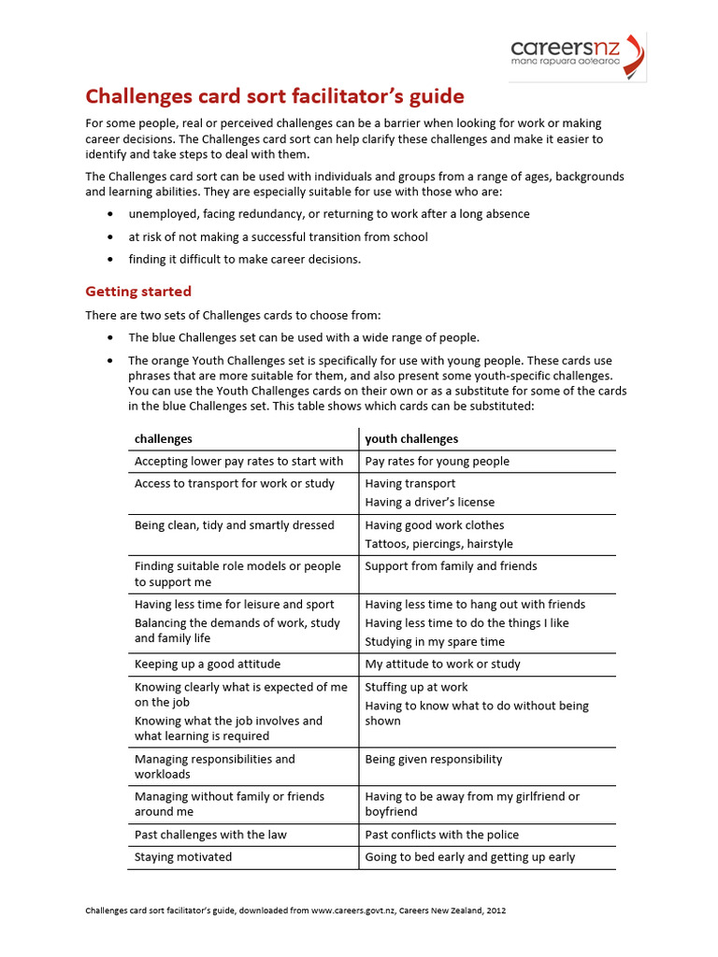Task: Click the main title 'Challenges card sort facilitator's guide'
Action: pyautogui.click(x=275, y=96)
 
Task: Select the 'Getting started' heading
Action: pyautogui.click(x=138, y=291)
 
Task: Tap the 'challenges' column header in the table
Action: pyautogui.click(x=164, y=438)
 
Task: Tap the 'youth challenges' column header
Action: pyautogui.click(x=411, y=438)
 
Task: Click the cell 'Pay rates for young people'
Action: pyautogui.click(x=437, y=461)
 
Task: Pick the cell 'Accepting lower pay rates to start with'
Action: pyautogui.click(x=239, y=461)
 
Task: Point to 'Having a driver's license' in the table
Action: pyautogui.click(x=430, y=502)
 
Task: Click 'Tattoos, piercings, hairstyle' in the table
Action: pyautogui.click(x=438, y=544)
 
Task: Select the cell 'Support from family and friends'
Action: pyautogui.click(x=451, y=566)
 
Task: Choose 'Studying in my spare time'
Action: pyautogui.click(x=435, y=642)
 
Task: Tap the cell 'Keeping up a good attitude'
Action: pyautogui.click(x=208, y=664)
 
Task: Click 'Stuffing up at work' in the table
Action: pyautogui.click(x=417, y=687)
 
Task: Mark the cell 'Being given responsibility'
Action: pyautogui.click(x=434, y=759)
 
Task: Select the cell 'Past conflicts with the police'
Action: pyautogui.click(x=441, y=835)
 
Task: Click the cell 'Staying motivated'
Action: pyautogui.click(x=183, y=857)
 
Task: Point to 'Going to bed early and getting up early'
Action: pyautogui.click(x=470, y=857)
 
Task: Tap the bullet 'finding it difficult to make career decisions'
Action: pyautogui.click(x=244, y=259)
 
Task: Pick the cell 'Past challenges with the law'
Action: pyautogui.click(x=210, y=835)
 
